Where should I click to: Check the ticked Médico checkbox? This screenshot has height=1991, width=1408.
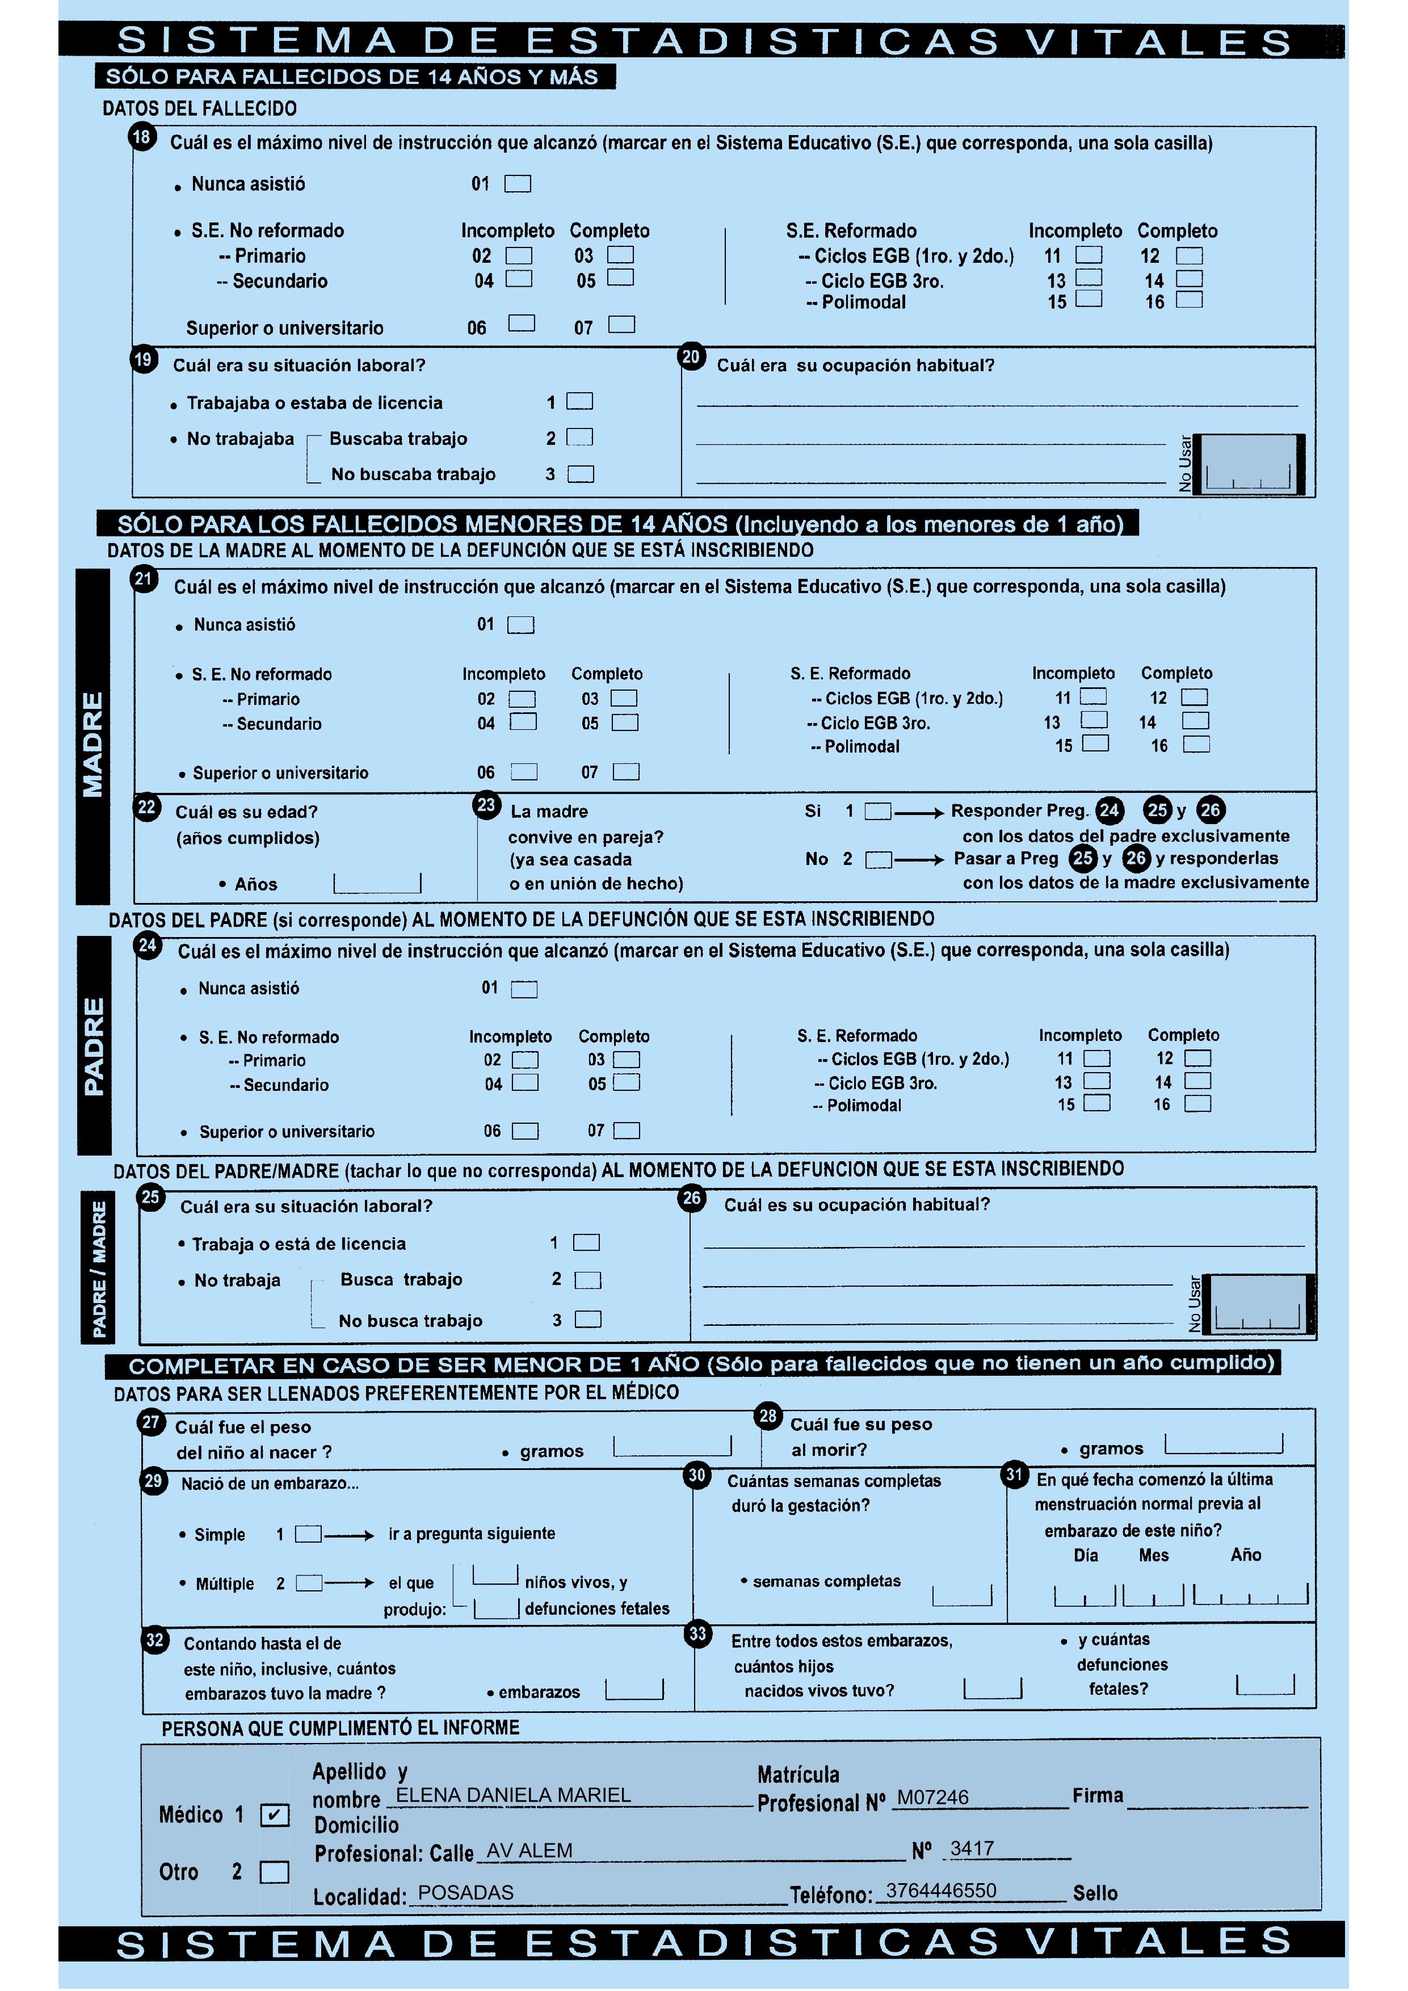point(275,1815)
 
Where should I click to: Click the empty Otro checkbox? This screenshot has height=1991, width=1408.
point(275,1872)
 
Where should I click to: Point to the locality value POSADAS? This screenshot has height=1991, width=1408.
point(465,1892)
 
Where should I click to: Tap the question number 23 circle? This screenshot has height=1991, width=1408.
point(486,805)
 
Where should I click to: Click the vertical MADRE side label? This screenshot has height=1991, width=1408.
point(93,744)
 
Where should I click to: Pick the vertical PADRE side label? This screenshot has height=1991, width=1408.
point(94,1046)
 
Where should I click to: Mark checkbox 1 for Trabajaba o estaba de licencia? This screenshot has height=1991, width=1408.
point(579,401)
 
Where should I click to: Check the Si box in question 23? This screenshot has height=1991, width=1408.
point(877,812)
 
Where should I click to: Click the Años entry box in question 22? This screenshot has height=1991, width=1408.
point(377,884)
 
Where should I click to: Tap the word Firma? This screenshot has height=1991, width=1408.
point(1097,1795)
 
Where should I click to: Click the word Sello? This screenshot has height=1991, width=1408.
point(1095,1893)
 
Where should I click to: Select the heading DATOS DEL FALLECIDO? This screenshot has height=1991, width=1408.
point(199,108)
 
